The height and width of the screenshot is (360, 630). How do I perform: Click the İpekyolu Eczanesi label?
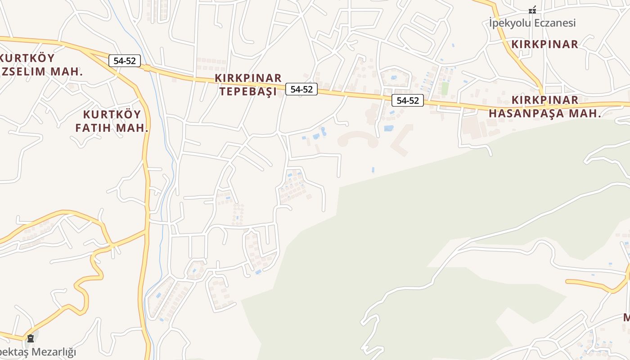point(532,23)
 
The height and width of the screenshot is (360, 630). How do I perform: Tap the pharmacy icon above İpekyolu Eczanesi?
point(532,9)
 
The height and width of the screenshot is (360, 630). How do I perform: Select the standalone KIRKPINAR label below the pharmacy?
point(544,44)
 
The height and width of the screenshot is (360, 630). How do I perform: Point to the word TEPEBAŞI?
point(247,91)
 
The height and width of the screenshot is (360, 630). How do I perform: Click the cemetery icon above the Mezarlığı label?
point(31,338)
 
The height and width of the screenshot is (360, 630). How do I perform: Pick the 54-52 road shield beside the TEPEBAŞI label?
point(301,89)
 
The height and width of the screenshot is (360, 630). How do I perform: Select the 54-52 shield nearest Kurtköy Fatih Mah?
point(125,61)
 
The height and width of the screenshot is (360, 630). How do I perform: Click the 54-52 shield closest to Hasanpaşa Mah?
point(407,101)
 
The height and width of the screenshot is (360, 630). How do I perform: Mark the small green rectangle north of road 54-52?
point(445,88)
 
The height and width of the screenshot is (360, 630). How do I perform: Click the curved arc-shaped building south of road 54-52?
point(358,138)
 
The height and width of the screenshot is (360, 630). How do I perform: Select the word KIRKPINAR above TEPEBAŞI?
point(248,78)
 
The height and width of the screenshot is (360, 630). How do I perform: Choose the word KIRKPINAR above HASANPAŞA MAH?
point(545,100)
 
